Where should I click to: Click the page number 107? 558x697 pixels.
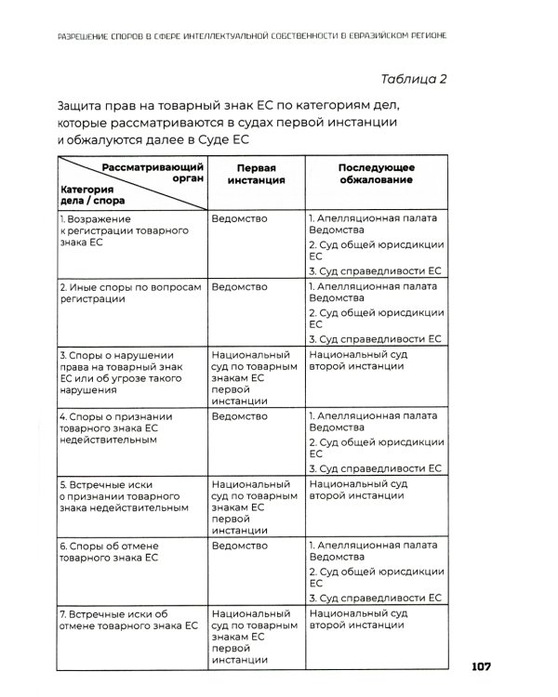point(487,666)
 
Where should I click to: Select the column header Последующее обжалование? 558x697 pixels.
point(376,174)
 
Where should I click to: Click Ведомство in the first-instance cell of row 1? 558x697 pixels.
point(239,218)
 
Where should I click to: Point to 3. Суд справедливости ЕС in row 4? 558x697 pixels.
point(374,468)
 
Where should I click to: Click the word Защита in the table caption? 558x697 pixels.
point(83,107)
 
